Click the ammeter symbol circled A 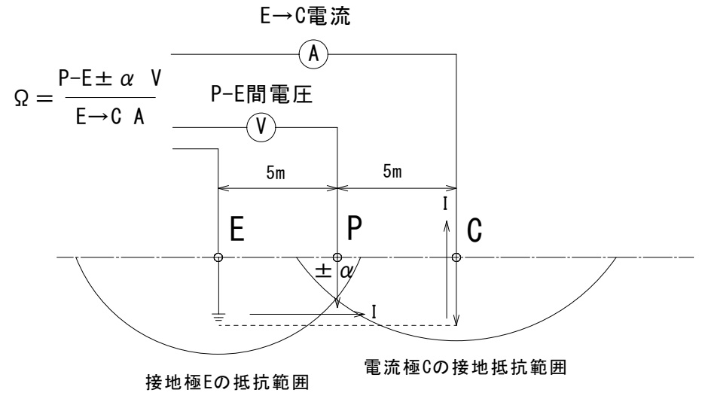(x=312, y=53)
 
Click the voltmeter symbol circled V (x=261, y=127)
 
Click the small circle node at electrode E (x=218, y=257)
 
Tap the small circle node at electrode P (x=337, y=257)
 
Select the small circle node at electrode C (x=456, y=257)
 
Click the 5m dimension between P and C (x=392, y=172)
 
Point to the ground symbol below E (x=218, y=318)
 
